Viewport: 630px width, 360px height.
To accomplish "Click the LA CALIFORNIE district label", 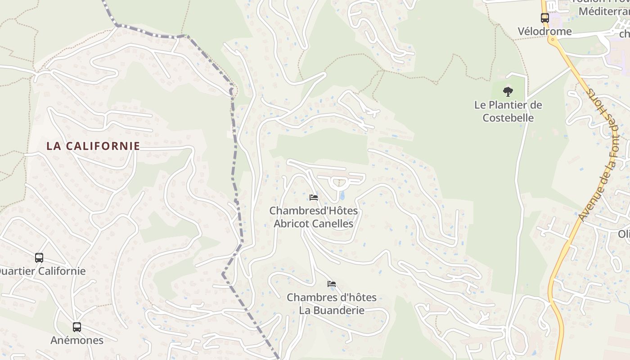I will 93,146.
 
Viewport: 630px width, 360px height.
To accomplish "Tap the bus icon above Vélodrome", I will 544,18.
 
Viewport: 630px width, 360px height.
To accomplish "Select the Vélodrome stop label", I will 544,31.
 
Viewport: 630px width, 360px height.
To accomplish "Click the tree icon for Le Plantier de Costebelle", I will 508,92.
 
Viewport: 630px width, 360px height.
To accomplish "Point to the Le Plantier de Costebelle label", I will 508,112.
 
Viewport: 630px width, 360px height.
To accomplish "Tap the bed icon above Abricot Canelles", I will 314,197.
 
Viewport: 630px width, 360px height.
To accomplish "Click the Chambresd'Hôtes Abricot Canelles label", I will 314,217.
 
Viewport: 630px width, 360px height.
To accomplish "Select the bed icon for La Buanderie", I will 332,284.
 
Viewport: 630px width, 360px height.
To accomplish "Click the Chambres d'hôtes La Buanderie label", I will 332,304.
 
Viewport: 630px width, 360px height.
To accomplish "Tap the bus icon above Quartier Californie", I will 39,258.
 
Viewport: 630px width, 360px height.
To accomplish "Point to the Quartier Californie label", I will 41,271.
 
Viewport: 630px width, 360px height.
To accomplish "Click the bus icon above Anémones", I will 77,327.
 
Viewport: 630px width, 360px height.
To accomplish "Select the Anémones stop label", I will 77,340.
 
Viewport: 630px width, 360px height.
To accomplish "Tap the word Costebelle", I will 508,118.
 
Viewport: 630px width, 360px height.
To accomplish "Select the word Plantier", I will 508,105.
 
